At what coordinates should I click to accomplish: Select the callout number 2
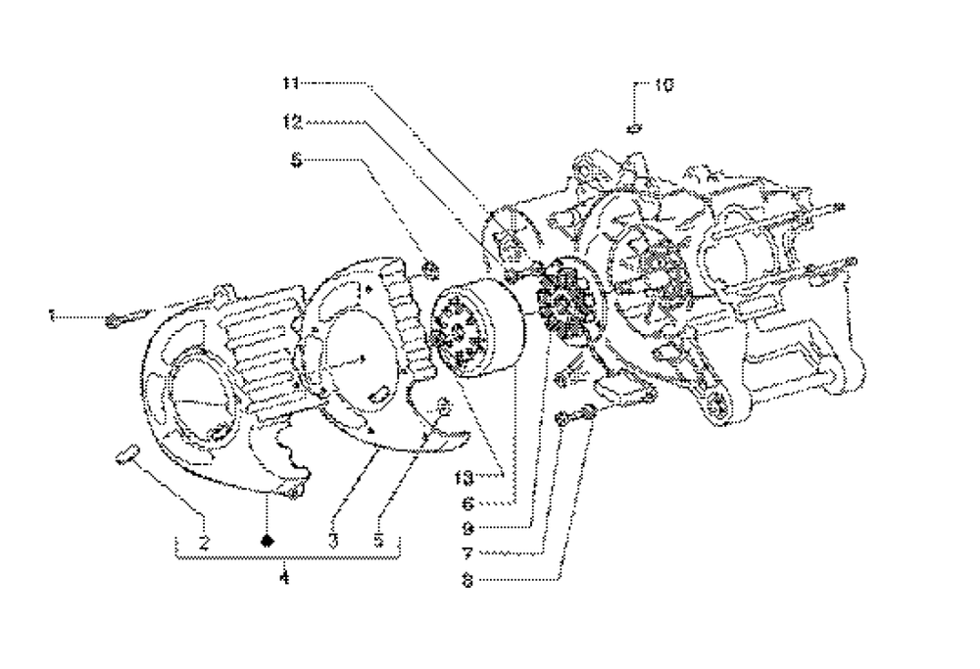205,541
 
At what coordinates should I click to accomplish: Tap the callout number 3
333,541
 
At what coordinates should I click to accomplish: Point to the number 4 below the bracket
285,578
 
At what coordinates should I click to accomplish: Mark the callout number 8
468,580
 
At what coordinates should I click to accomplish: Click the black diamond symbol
268,540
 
